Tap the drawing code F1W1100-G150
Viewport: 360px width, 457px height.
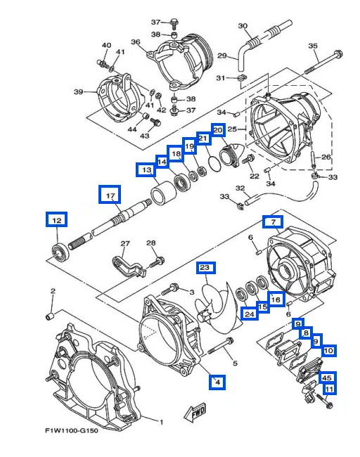click(72, 430)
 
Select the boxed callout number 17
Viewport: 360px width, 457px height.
click(110, 194)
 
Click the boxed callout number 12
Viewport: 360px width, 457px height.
click(56, 219)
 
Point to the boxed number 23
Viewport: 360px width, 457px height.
click(206, 268)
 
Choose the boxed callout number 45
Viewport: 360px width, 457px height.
click(327, 378)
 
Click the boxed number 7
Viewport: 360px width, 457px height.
click(273, 221)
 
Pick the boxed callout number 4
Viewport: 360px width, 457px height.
click(217, 382)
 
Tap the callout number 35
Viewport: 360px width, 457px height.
click(313, 46)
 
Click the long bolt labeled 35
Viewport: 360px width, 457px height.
click(323, 62)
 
